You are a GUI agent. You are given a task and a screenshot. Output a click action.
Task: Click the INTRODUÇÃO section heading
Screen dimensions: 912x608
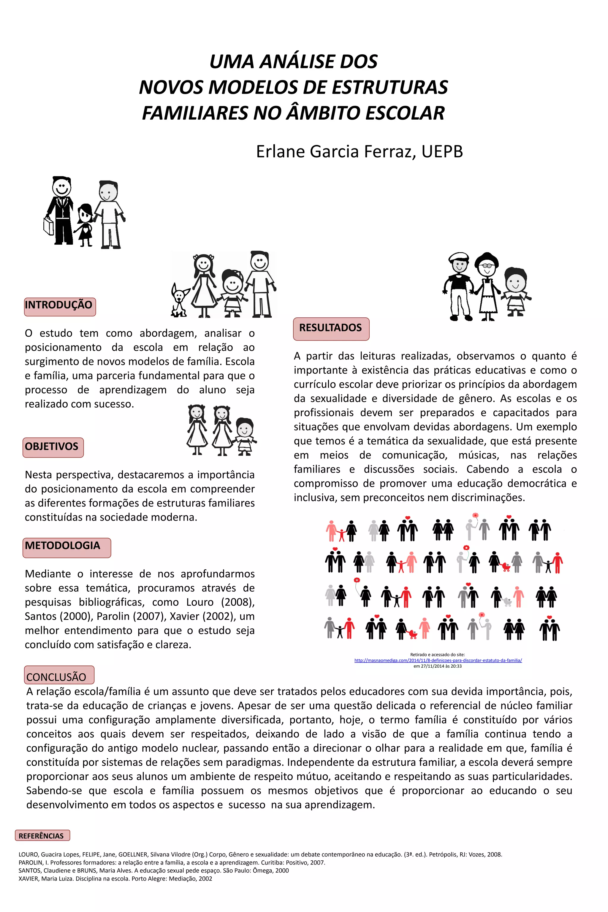click(x=59, y=305)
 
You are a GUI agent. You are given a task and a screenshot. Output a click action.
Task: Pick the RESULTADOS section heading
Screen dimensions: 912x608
click(x=330, y=328)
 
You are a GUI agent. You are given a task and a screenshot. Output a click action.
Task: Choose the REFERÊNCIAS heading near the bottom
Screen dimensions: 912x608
click(x=42, y=836)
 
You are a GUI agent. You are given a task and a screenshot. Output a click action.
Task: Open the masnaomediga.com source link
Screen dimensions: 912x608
click(x=438, y=660)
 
